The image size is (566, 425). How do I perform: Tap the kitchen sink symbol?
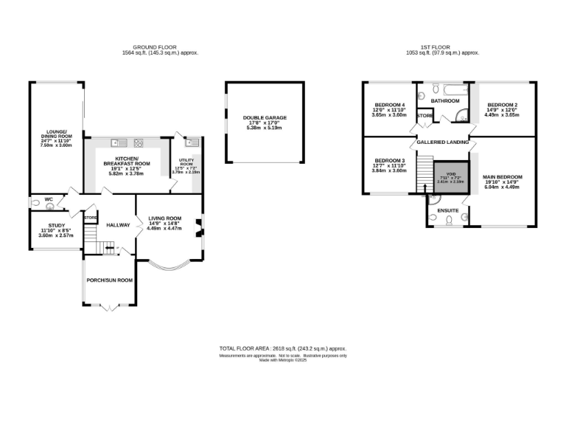[116, 142]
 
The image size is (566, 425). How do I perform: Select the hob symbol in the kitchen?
[138, 142]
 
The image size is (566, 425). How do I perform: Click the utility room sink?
[189, 142]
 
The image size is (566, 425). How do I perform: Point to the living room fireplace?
[197, 228]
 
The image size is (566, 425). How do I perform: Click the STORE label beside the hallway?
[91, 218]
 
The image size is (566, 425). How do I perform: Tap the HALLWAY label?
[118, 225]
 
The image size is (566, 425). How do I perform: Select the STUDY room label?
[56, 227]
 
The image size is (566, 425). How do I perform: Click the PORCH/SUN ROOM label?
[109, 280]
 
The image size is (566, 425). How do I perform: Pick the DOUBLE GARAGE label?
[264, 117]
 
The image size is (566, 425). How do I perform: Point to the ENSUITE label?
[448, 211]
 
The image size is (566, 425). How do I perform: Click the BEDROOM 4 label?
[389, 106]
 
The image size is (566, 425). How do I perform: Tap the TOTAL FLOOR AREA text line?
[282, 348]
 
